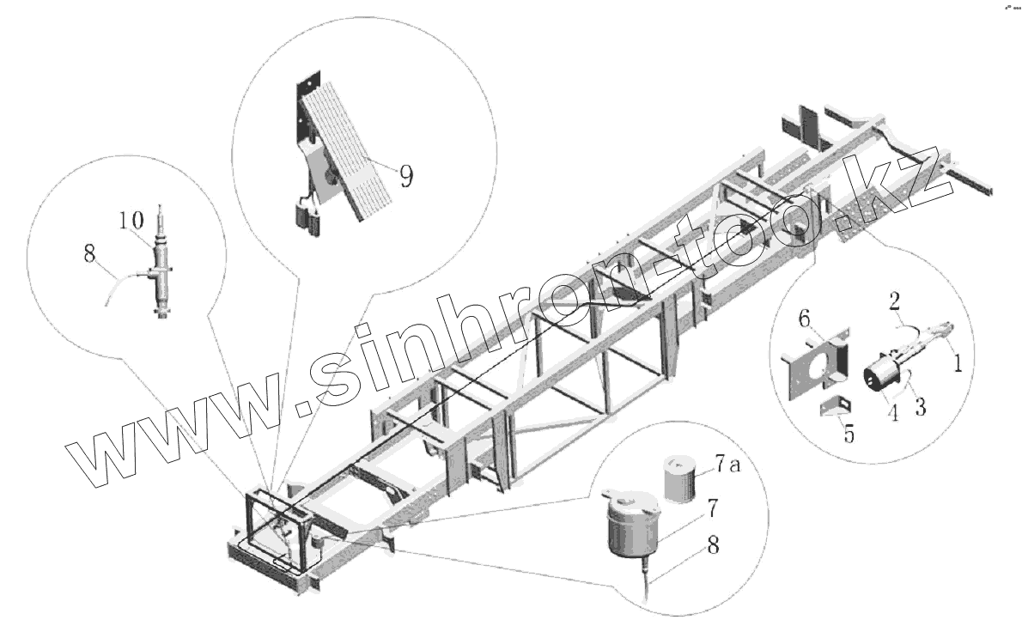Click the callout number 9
click(405, 176)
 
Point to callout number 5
click(849, 434)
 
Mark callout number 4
click(893, 413)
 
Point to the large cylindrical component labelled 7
click(632, 526)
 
